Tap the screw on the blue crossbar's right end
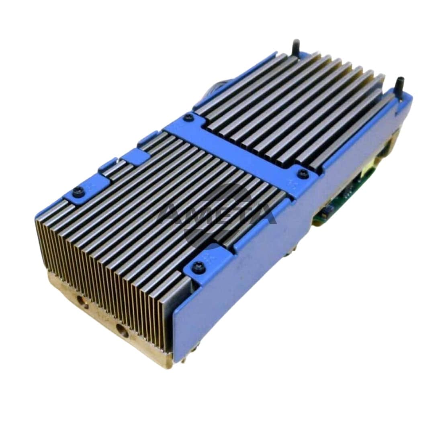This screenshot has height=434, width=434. coord(301,174)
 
